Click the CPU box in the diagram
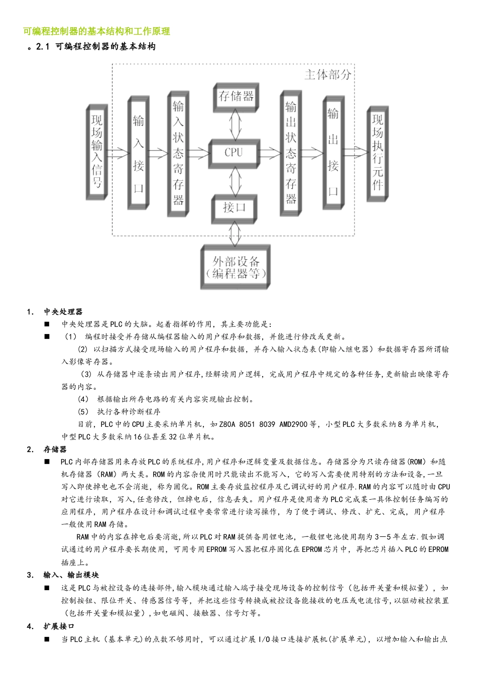point(233,153)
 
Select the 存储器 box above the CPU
point(236,96)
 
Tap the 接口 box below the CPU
point(234,207)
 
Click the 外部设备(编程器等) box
point(235,267)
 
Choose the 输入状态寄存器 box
point(178,153)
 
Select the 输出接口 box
point(333,152)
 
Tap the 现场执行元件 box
point(378,153)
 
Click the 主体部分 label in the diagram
point(328,75)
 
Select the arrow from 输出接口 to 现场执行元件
point(355,152)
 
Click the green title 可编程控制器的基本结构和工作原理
point(96,31)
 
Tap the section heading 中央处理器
point(63,312)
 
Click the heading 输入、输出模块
point(71,575)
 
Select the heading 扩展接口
point(59,626)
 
